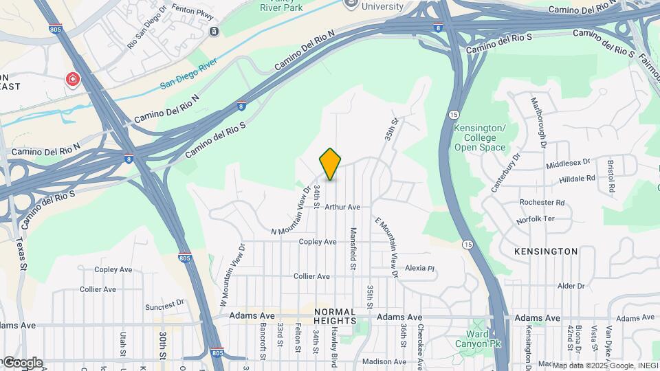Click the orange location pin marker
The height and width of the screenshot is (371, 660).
[x=331, y=164]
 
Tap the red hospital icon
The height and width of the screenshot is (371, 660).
[x=71, y=80]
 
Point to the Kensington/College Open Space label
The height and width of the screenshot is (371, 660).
[x=480, y=137]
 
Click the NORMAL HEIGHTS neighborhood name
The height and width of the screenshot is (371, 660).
[x=335, y=316]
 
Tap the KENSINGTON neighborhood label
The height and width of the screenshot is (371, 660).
[x=546, y=251]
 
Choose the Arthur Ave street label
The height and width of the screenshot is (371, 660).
[x=342, y=207]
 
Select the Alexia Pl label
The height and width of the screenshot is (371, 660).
[x=420, y=268]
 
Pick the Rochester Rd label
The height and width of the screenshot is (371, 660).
[x=542, y=203]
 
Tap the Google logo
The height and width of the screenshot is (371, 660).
[x=22, y=363]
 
